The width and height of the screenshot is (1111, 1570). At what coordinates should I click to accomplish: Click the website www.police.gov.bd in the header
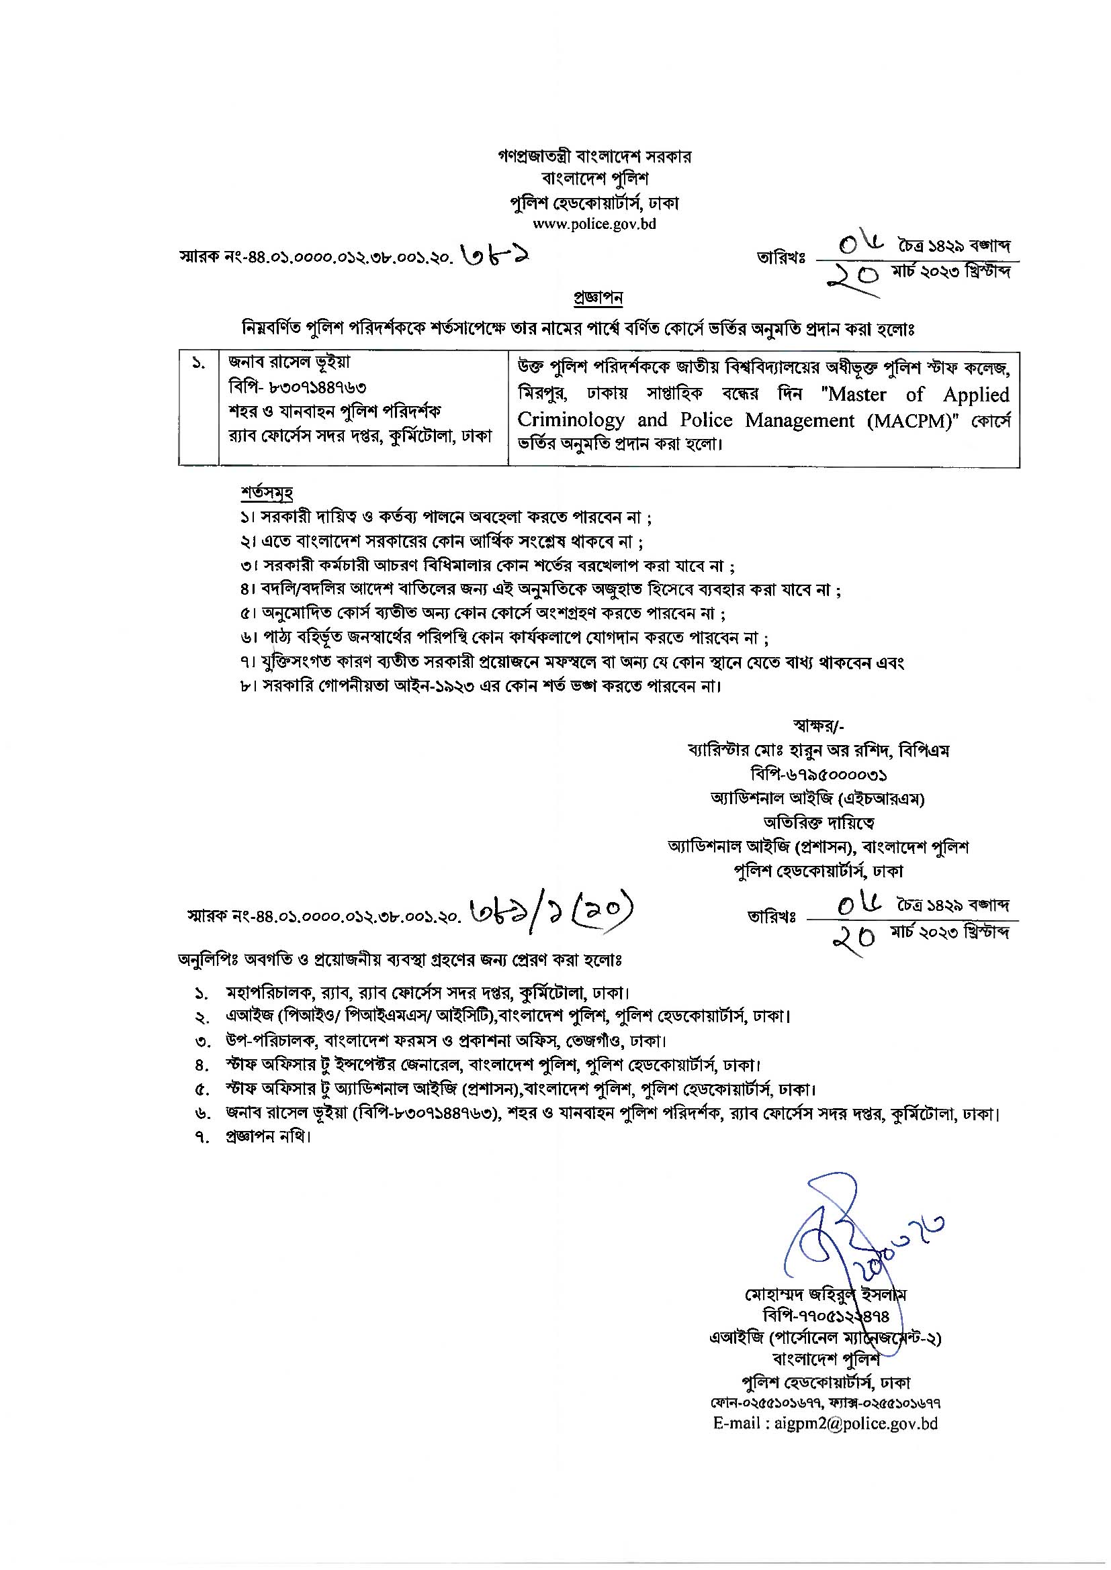click(x=594, y=224)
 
